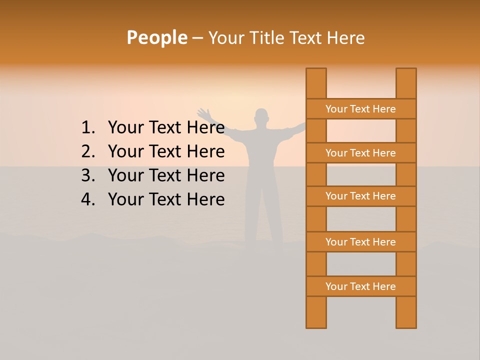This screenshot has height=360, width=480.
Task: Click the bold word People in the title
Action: (x=156, y=37)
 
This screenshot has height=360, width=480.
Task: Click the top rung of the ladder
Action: (x=360, y=109)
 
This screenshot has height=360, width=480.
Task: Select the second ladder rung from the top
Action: (x=360, y=153)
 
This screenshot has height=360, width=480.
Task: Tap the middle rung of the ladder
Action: (x=360, y=196)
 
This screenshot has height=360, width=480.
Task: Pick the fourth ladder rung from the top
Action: (x=360, y=242)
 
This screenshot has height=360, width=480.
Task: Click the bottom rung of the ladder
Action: (x=360, y=286)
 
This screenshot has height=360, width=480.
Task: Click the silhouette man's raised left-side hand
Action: (x=203, y=113)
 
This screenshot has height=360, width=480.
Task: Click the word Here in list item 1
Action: (x=205, y=128)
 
